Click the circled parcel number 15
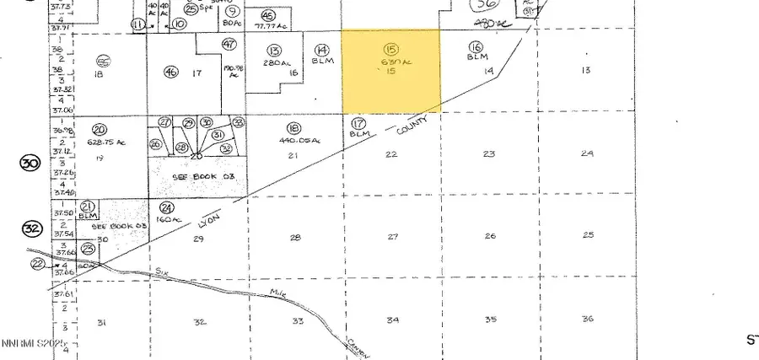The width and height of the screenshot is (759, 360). [390, 50]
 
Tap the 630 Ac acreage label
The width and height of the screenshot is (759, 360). [390, 62]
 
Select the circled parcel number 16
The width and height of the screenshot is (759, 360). [476, 47]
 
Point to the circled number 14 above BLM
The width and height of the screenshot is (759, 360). [321, 51]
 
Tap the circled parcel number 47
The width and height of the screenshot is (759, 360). [229, 44]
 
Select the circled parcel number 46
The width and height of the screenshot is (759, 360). [171, 73]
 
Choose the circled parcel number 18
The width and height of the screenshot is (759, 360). [294, 127]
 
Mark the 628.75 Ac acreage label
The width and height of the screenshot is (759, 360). [106, 142]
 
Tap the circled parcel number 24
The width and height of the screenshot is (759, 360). [167, 207]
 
